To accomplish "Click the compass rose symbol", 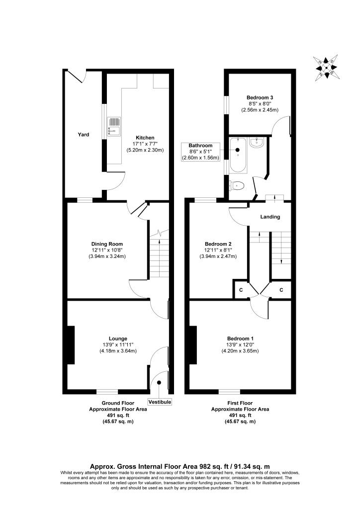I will click(326, 66).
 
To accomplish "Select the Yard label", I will click(83, 134).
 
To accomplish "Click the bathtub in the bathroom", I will click(238, 155).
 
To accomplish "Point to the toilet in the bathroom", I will click(238, 186).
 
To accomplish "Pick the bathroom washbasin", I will click(258, 143).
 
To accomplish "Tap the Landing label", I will click(270, 217).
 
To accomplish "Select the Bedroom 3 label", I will click(260, 97).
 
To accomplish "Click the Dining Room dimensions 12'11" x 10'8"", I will click(107, 250).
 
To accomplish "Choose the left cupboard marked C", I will click(241, 290).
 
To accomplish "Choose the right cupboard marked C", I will click(281, 290).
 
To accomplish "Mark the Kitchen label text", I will click(145, 138).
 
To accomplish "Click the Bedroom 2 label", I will click(219, 244).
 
